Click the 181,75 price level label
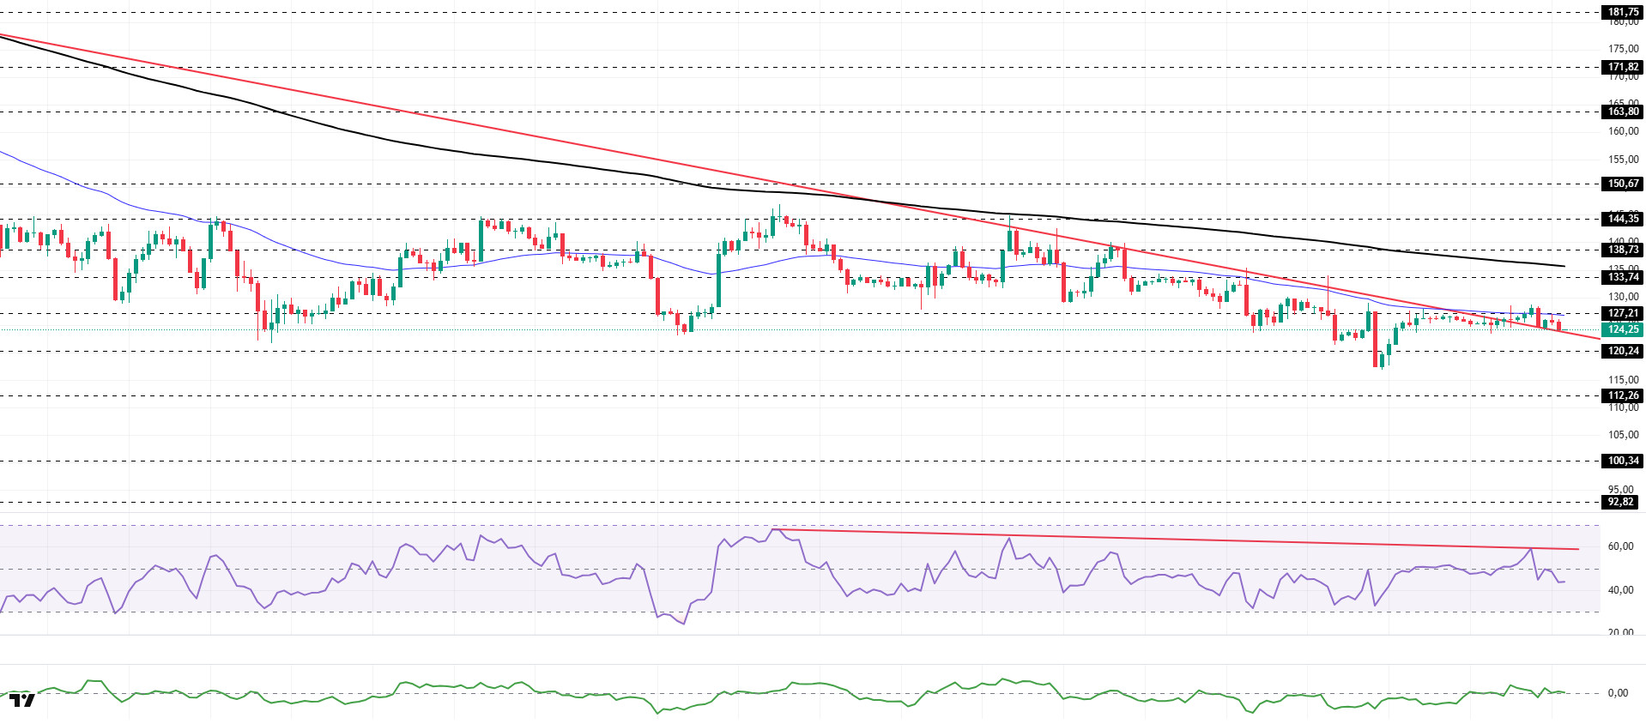coord(1622,12)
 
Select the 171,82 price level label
coord(1622,67)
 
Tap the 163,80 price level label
coord(1622,112)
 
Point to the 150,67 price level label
coord(1622,184)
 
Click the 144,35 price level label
coord(1622,219)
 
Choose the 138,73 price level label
coord(1622,250)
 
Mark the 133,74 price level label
coord(1622,277)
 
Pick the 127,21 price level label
coord(1622,313)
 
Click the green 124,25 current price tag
coord(1622,329)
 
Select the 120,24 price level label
coord(1622,351)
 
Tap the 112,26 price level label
coord(1622,395)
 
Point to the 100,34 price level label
coord(1622,461)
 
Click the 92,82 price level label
coord(1620,502)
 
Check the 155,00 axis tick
coord(1623,160)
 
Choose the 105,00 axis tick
coord(1623,435)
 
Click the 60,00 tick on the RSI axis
coord(1619,546)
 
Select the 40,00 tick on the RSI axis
coord(1619,590)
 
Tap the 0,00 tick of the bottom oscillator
coord(1617,693)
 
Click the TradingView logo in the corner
coord(22,700)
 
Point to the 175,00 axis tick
coord(1623,49)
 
